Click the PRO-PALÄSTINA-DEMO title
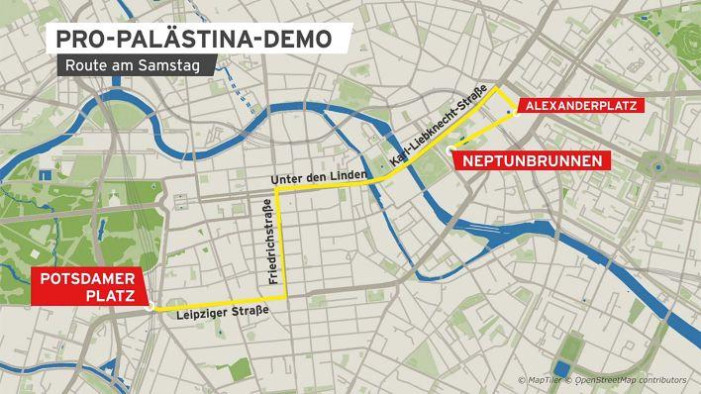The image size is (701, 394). (198, 41)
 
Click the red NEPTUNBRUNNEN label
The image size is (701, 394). (535, 158)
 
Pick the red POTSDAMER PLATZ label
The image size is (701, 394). (91, 286)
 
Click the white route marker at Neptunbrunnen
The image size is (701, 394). (451, 148)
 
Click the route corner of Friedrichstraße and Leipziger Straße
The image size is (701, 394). (286, 297)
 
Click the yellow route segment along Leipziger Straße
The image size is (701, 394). (218, 302)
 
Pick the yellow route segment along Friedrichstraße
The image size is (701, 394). (282, 247)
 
